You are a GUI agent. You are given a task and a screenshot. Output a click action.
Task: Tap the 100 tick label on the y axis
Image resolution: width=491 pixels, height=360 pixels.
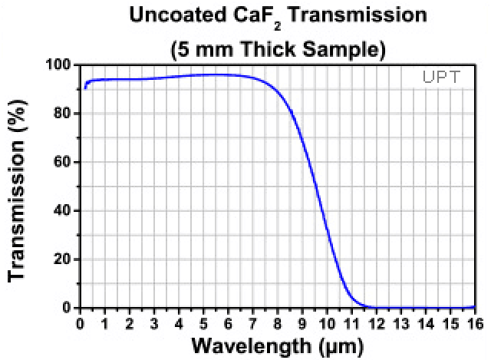61,64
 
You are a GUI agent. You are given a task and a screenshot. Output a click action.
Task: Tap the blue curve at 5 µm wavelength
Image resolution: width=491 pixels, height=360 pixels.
204,74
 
